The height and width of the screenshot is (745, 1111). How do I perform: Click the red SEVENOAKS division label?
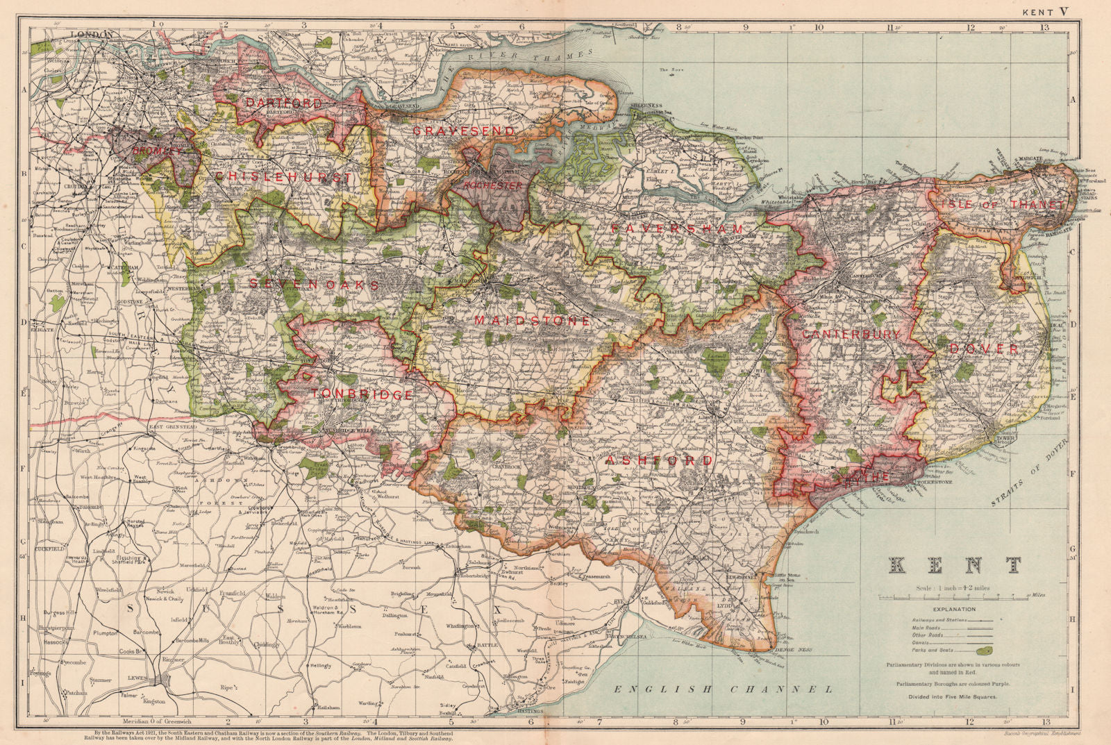[315, 284]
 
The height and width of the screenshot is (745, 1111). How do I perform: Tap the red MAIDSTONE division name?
[532, 321]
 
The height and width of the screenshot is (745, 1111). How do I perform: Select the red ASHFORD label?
[659, 460]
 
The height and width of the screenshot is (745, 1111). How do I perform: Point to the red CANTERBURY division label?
[851, 335]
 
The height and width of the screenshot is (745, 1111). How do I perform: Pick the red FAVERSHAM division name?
[678, 228]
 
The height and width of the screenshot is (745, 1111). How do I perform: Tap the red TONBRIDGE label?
[362, 394]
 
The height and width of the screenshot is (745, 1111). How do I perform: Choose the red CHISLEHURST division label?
[284, 177]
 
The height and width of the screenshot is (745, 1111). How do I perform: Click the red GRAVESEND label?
[463, 131]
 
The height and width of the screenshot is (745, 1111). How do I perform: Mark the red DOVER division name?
[984, 349]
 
